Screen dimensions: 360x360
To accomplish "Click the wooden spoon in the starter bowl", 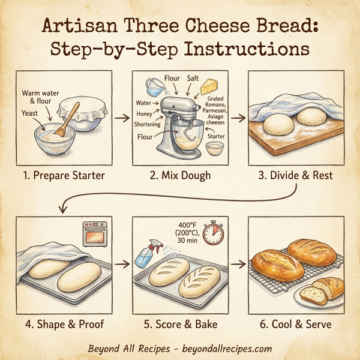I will tap(68, 117).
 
